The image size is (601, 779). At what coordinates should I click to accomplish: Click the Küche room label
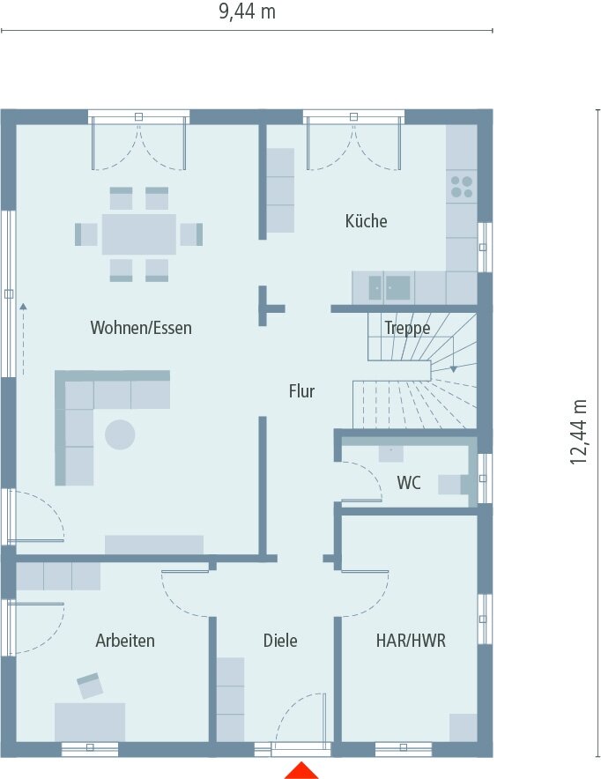tap(366, 221)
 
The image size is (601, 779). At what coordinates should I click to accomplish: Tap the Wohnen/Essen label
tap(141, 328)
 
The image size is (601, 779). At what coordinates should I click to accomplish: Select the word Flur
tap(301, 391)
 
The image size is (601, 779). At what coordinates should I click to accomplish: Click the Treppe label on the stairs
tap(407, 329)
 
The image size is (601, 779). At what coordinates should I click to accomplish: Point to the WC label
tap(408, 483)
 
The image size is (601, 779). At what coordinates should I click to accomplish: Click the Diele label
tap(280, 641)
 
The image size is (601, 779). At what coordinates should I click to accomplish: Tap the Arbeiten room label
tap(125, 641)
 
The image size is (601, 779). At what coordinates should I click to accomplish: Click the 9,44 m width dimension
tap(248, 12)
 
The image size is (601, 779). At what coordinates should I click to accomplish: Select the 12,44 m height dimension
tap(579, 431)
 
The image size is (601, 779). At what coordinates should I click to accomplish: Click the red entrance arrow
tap(301, 770)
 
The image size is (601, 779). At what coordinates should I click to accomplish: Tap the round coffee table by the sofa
tap(121, 434)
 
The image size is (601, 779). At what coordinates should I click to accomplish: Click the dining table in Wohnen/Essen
tap(138, 234)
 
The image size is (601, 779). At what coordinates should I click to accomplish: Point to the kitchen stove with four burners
tap(462, 186)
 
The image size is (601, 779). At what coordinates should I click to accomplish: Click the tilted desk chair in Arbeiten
tap(90, 686)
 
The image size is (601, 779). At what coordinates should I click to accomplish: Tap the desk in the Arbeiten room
tap(90, 722)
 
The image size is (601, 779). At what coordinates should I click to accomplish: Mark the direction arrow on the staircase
tap(453, 367)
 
